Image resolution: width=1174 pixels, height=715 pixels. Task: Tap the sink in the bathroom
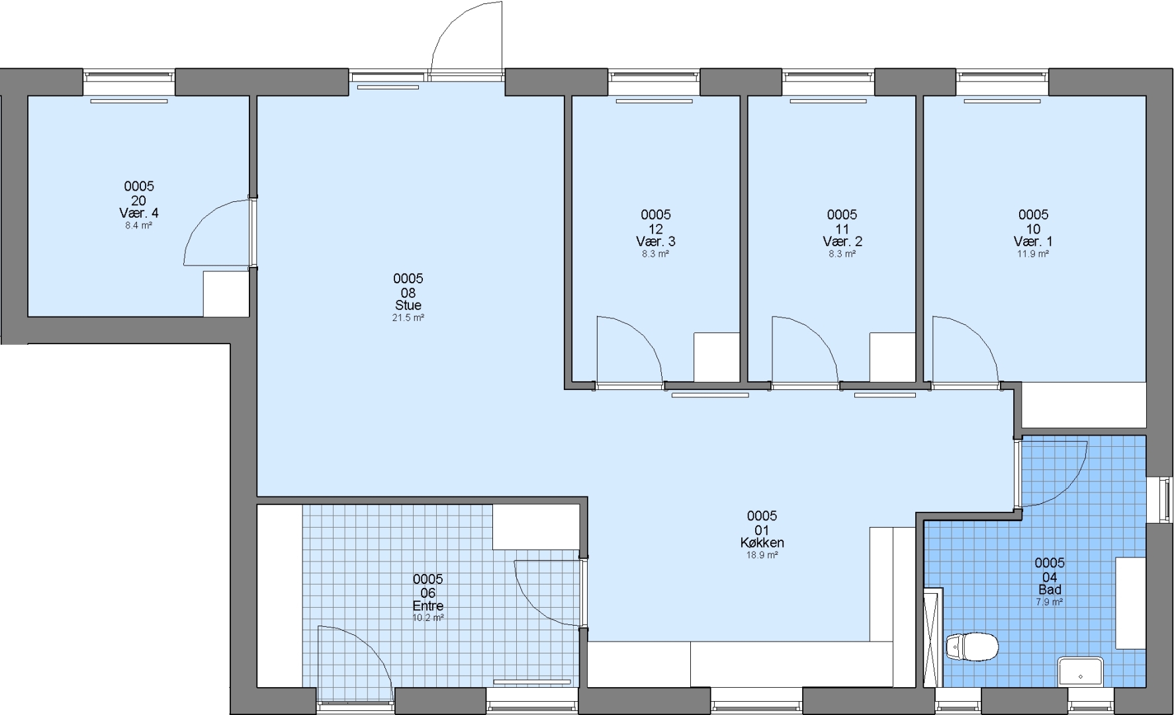[1080, 671]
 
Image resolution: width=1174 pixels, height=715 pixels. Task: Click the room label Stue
[408, 305]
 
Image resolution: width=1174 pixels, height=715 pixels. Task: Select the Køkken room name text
[762, 543]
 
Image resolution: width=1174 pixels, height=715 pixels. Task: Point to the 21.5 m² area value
[408, 318]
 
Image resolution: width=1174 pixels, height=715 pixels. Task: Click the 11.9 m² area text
[1033, 254]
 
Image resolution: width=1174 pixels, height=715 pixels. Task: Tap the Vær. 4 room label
[138, 213]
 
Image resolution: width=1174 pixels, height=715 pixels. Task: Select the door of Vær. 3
[629, 350]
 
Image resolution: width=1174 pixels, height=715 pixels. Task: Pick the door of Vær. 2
[805, 350]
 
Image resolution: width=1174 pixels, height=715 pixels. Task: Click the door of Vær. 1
[965, 350]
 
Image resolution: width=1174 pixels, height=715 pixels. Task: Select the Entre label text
[428, 606]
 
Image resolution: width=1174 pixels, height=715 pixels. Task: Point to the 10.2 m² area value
[428, 618]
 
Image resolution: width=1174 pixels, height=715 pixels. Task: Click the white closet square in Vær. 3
[716, 358]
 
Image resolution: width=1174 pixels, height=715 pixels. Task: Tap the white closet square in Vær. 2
[892, 358]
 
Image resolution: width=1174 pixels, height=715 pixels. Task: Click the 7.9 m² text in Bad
[1050, 602]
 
